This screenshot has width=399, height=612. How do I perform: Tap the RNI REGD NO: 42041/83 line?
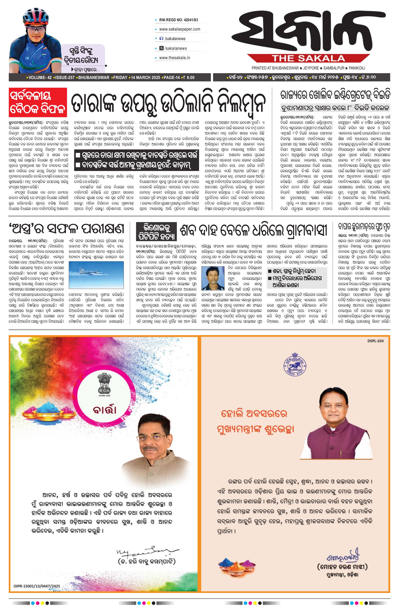click(178, 20)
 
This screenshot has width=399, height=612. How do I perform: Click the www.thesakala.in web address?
click(174, 58)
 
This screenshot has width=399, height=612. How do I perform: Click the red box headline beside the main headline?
click(38, 102)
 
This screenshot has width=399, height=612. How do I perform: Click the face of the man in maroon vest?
click(332, 407)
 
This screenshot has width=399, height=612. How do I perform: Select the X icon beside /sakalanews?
click(161, 48)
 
